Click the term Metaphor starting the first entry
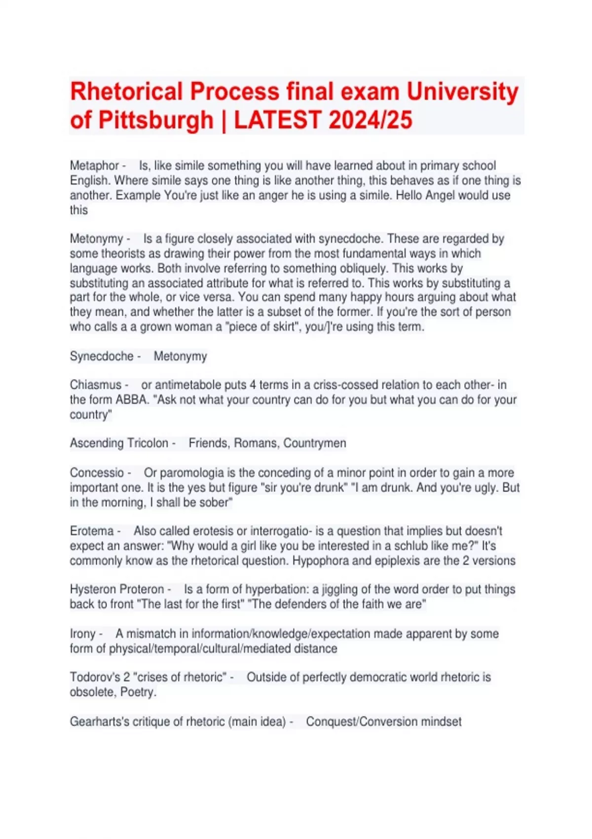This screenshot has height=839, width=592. (94, 166)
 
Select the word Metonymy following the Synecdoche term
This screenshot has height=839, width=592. (180, 356)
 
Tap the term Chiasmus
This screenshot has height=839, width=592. (95, 385)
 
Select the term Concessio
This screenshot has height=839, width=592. (97, 473)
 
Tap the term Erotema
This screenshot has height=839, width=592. (92, 531)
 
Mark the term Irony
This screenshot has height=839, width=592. (82, 634)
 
